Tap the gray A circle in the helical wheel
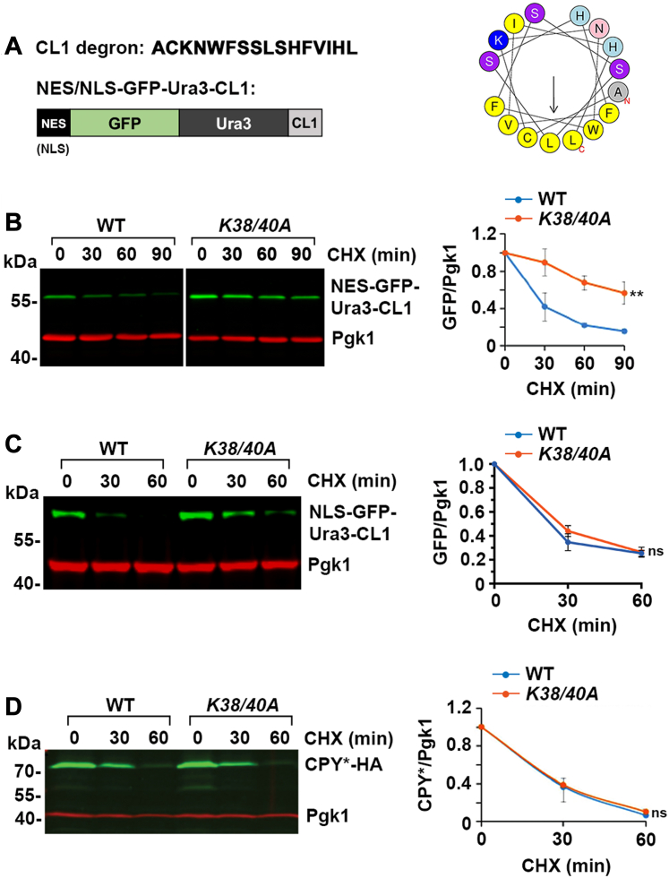644,90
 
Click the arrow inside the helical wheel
555,95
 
